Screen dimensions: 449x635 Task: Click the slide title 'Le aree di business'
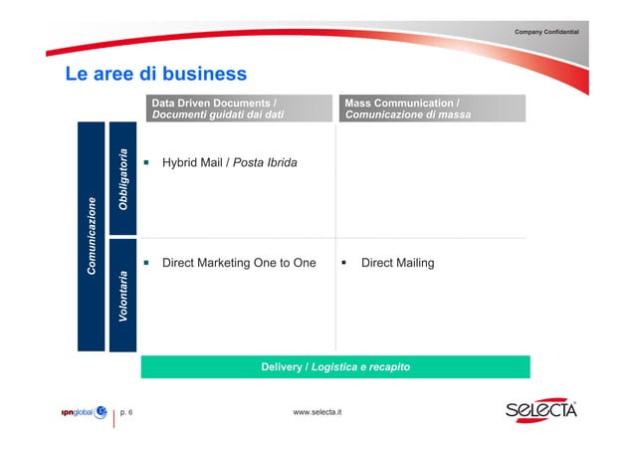coord(155,75)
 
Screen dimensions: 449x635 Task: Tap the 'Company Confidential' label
coord(553,34)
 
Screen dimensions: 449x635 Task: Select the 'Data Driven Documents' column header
coord(213,103)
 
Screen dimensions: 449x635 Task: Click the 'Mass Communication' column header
coord(401,103)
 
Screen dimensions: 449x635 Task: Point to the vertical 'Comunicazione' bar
coord(91,236)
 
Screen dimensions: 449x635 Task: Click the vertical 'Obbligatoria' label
coord(122,178)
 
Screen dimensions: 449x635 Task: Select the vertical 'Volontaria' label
coord(122,294)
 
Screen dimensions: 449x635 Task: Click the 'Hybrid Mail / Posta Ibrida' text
coord(229,162)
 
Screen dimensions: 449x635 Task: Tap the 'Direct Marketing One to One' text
coord(238,263)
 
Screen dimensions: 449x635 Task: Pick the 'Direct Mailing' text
coord(397,263)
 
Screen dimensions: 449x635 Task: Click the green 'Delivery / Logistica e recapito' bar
coord(334,367)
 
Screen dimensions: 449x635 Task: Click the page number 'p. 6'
coord(128,412)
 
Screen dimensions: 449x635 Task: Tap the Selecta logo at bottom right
coord(539,411)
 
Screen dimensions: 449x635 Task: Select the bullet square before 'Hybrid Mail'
coord(145,162)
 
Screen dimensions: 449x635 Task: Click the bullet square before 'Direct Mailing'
coord(343,263)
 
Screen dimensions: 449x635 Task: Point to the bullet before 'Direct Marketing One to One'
coord(145,263)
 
